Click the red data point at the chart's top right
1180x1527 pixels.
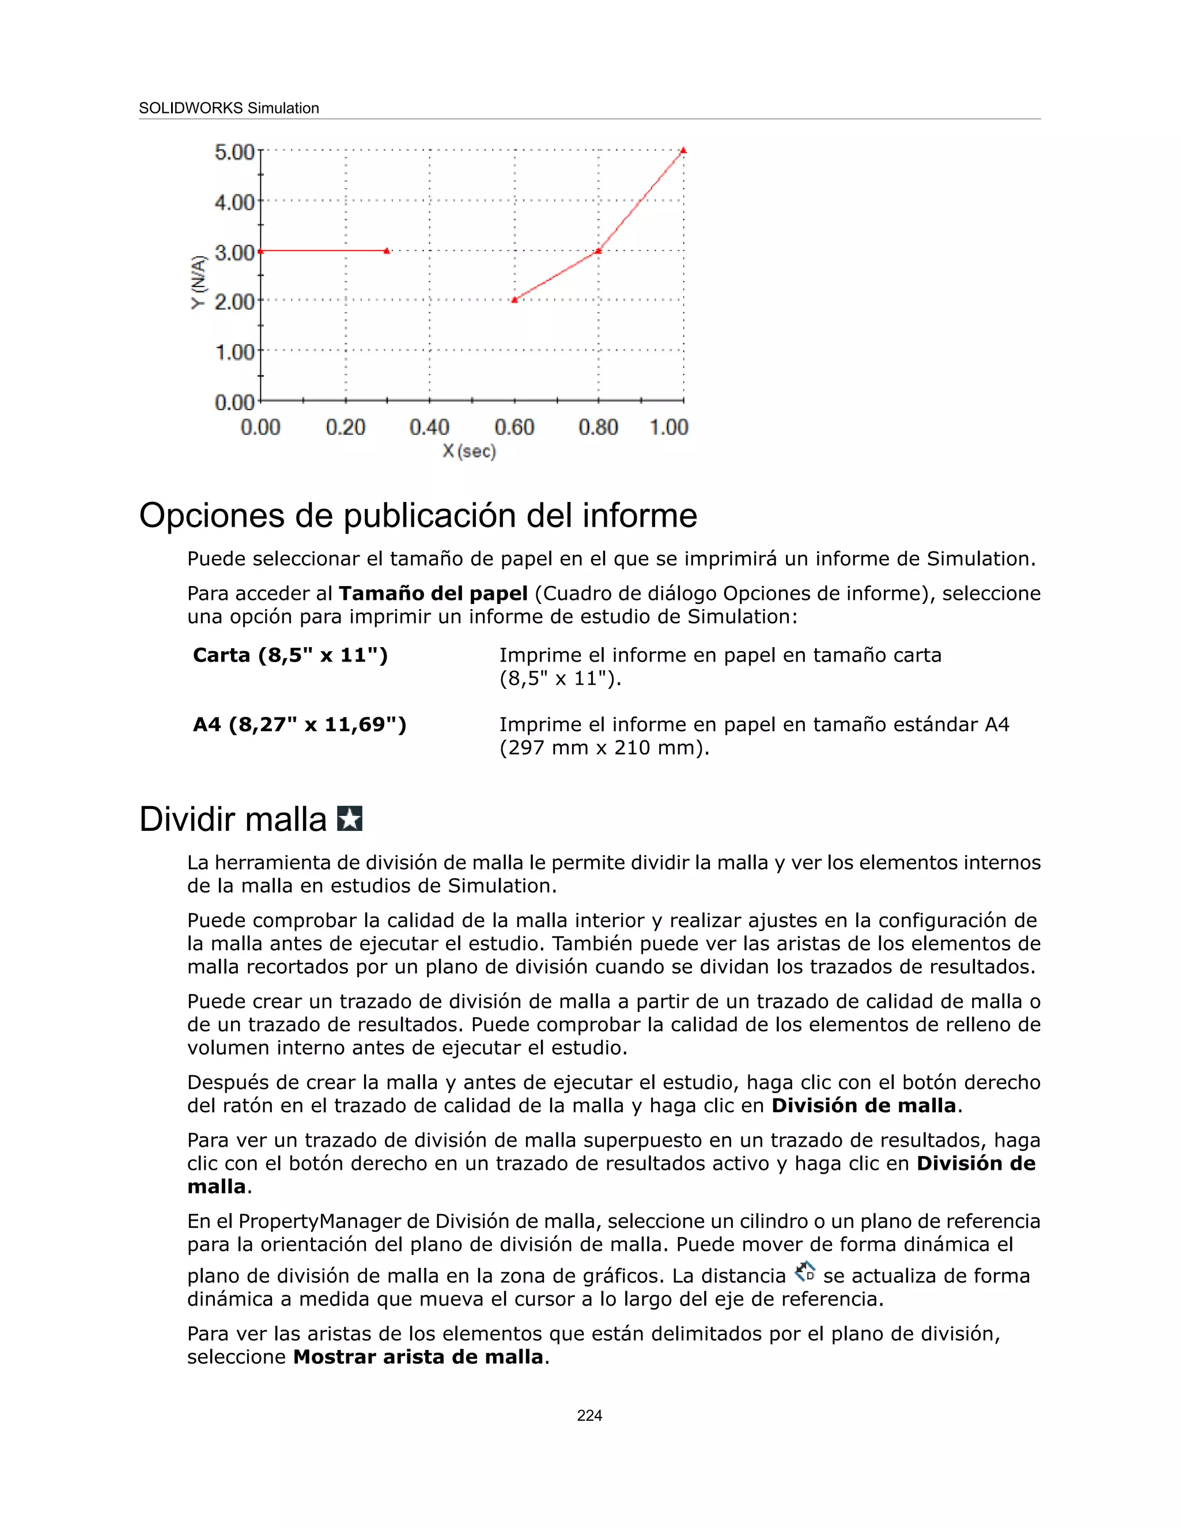pyautogui.click(x=683, y=150)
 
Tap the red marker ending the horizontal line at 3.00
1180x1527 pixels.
pyautogui.click(x=387, y=250)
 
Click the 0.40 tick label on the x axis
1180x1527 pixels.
pyautogui.click(x=429, y=427)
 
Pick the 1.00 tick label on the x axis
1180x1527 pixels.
pyautogui.click(x=669, y=427)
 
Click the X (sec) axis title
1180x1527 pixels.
pyautogui.click(x=469, y=452)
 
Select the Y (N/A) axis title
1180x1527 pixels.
pyautogui.click(x=199, y=282)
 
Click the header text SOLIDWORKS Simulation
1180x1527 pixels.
pyautogui.click(x=229, y=108)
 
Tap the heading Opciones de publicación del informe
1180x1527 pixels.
pyautogui.click(x=418, y=516)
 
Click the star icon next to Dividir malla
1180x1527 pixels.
pyautogui.click(x=350, y=818)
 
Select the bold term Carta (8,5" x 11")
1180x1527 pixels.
pyautogui.click(x=290, y=655)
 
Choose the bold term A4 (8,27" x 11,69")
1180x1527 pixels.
pyautogui.click(x=299, y=724)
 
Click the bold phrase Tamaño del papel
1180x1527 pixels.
pyautogui.click(x=433, y=594)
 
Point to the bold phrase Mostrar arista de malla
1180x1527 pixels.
pyautogui.click(x=418, y=1357)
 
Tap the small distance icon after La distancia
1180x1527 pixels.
pyautogui.click(x=805, y=1272)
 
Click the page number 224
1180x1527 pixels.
pyautogui.click(x=589, y=1415)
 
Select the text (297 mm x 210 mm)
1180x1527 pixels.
pyautogui.click(x=604, y=747)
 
